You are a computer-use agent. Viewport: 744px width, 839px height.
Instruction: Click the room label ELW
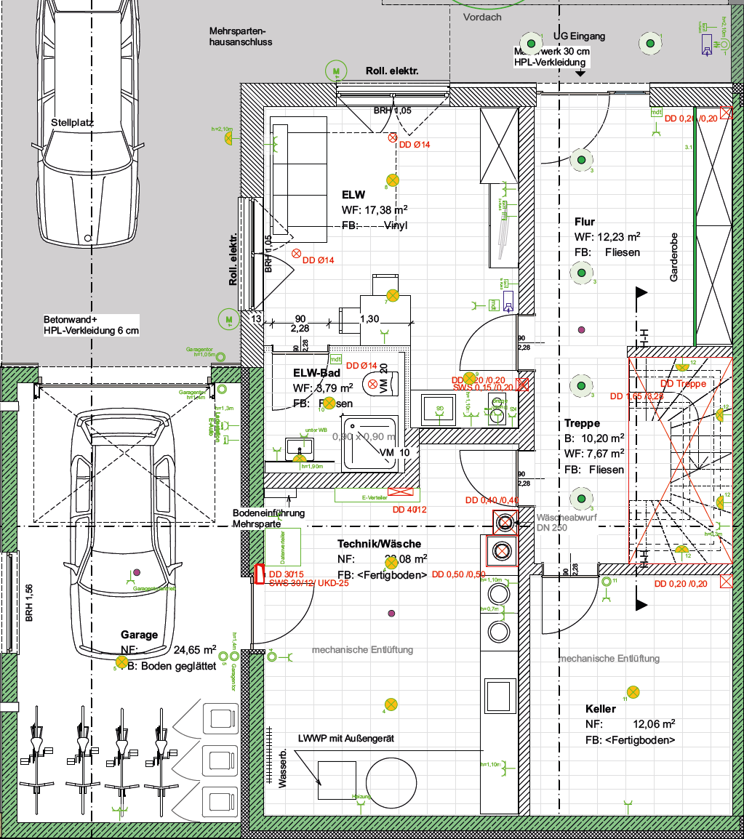tap(353, 195)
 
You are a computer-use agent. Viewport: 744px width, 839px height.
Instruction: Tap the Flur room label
tap(584, 222)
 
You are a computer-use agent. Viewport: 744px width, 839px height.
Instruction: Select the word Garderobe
tap(674, 257)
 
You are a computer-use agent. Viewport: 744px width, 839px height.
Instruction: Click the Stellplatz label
tap(73, 123)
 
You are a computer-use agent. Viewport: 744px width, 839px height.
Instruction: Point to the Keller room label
tap(601, 708)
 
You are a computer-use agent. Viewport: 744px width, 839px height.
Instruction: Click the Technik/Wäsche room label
tap(379, 544)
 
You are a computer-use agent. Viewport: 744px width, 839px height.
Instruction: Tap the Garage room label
tap(140, 635)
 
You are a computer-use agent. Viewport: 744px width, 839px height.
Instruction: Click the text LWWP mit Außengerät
tap(345, 738)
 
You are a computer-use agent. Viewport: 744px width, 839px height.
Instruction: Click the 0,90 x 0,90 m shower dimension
tap(364, 437)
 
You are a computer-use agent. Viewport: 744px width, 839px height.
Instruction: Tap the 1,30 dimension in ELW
tap(369, 318)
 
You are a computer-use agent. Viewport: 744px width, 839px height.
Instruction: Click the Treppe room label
tap(582, 423)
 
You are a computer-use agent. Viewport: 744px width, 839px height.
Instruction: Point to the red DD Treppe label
tap(683, 383)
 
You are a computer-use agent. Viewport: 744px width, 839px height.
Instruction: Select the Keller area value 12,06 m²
tap(654, 723)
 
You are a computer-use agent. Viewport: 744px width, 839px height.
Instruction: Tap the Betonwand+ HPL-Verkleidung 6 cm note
tap(90, 325)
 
